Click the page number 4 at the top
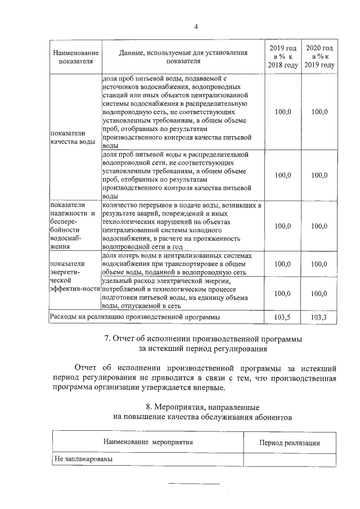point(196,26)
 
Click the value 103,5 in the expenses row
point(283,317)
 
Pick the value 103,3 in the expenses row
point(319,317)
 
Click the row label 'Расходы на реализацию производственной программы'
point(135,317)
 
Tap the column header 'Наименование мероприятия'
point(148,442)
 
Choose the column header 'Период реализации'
point(289,443)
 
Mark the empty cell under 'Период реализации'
point(289,459)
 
